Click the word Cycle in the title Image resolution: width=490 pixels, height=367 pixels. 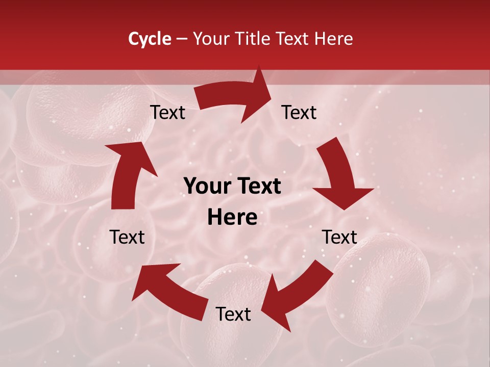150,39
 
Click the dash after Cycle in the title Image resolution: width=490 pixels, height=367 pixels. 182,39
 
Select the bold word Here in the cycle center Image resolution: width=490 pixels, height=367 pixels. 232,218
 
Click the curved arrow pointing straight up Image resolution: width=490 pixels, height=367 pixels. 128,173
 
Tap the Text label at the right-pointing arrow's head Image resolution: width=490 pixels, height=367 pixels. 299,113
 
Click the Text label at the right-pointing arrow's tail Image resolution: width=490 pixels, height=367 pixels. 167,113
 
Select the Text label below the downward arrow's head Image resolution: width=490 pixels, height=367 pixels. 339,237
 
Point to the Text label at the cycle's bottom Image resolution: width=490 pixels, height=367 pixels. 233,314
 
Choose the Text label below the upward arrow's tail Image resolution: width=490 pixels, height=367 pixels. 127,237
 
